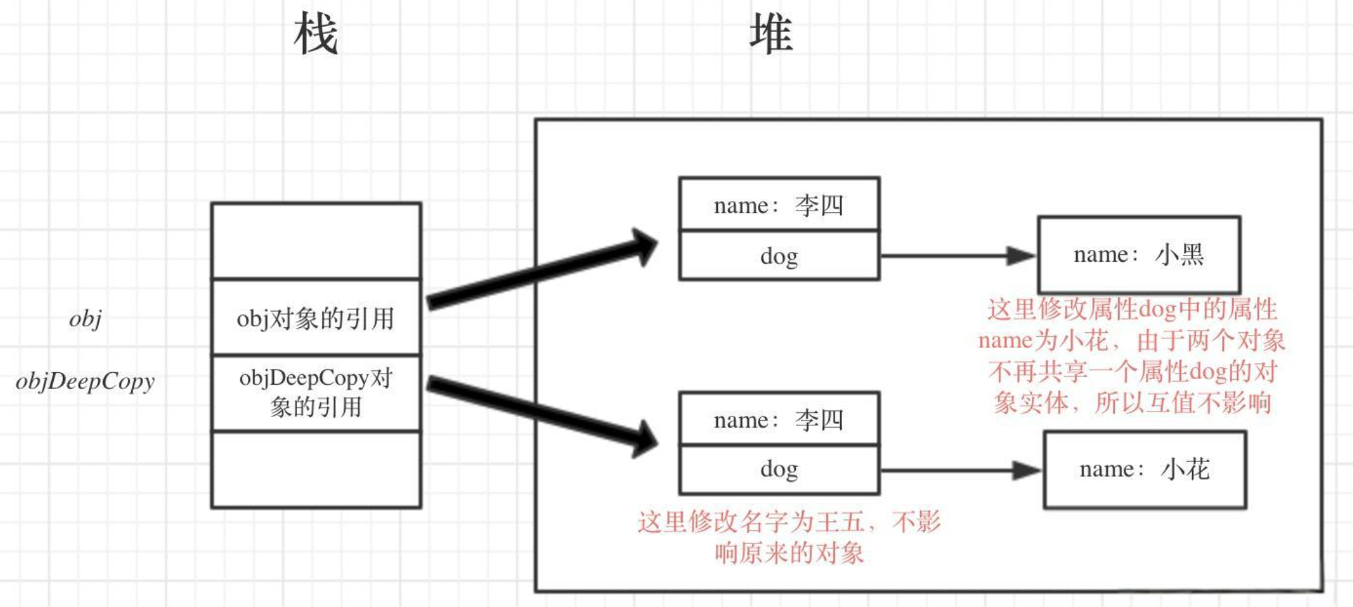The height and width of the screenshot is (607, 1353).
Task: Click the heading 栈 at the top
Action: point(315,35)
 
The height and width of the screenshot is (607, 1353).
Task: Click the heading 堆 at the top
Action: point(770,35)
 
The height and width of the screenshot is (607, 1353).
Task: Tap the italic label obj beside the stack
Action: point(86,319)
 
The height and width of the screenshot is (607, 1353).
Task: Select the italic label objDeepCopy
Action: point(85,381)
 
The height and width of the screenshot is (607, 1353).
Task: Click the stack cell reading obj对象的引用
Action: point(315,318)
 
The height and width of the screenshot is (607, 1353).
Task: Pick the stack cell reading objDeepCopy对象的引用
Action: point(315,392)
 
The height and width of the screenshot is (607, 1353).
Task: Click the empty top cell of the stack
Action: point(315,242)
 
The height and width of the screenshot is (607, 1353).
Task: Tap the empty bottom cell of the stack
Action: point(315,470)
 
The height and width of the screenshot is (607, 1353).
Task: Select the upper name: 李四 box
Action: point(779,205)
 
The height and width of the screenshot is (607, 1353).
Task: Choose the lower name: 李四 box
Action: point(779,420)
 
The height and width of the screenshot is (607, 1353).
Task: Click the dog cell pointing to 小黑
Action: point(779,256)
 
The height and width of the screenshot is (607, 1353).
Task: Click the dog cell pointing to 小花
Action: point(779,470)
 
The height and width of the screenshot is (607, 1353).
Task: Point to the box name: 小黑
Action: point(1139,255)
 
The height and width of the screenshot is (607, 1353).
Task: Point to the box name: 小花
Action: point(1145,470)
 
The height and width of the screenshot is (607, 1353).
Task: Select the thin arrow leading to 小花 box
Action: point(960,470)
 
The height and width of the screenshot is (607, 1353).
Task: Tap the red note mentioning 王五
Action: point(789,537)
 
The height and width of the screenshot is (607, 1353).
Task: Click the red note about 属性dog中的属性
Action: point(1132,356)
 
